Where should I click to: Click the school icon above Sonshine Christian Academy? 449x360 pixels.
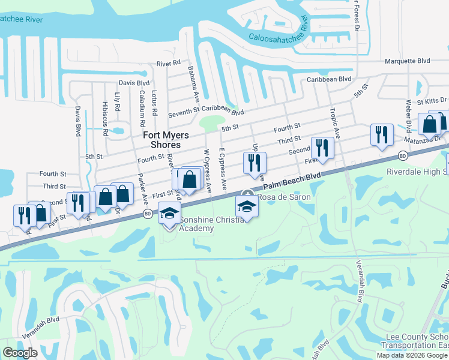pyautogui.click(x=169, y=213)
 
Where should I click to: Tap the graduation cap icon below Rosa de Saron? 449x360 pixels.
pyautogui.click(x=246, y=207)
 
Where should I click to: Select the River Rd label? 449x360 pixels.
pyautogui.click(x=168, y=63)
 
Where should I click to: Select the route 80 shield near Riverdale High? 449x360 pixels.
pyautogui.click(x=400, y=156)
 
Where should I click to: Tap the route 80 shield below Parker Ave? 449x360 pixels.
pyautogui.click(x=146, y=214)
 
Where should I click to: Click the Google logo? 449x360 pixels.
pyautogui.click(x=20, y=353)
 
